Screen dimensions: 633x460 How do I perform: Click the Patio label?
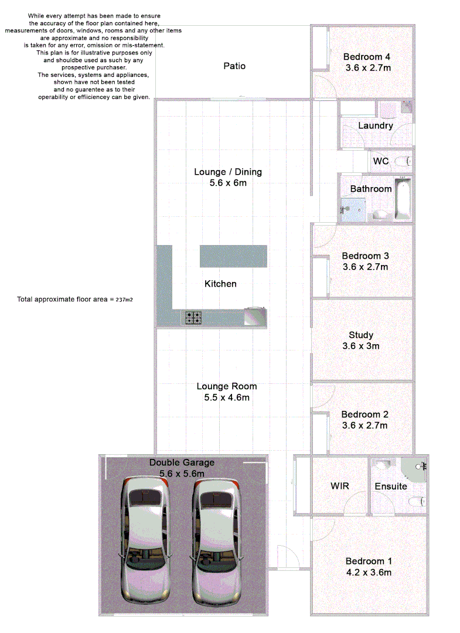click(234, 66)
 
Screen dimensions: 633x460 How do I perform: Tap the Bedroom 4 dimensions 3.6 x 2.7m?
click(367, 68)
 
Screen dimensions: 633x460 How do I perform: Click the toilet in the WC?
click(401, 161)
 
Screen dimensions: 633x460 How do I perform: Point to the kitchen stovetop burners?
click(194, 318)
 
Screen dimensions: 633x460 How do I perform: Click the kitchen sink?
click(255, 316)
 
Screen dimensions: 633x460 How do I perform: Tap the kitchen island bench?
click(233, 256)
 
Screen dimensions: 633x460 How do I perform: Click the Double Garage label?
click(182, 462)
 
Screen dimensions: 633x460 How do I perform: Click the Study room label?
click(361, 335)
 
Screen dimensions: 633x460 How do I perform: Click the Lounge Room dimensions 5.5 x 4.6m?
click(226, 397)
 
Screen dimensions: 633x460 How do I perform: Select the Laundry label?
click(375, 125)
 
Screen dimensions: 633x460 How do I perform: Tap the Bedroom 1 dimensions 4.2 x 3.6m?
click(368, 573)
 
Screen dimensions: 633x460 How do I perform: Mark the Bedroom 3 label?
click(365, 256)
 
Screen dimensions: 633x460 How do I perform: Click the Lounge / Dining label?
click(228, 172)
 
